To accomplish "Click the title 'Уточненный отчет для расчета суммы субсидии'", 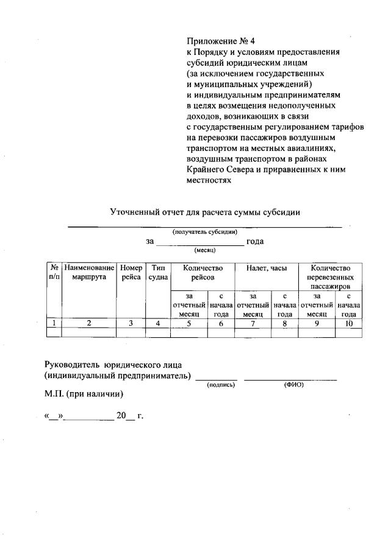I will click(204, 212).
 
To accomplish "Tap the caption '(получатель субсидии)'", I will click(204, 231).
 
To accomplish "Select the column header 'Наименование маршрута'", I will click(89, 272).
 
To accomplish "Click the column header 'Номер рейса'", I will click(131, 272).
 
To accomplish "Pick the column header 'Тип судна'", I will click(158, 272).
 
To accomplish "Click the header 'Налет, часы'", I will click(267, 268).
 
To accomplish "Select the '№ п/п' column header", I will click(54, 272).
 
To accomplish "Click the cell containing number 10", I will click(348, 323).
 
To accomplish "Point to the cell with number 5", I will click(189, 323).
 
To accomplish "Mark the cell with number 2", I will click(89, 323).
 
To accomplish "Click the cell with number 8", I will click(284, 323).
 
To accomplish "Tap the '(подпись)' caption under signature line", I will click(221, 385).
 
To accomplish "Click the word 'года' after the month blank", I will click(254, 241).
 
